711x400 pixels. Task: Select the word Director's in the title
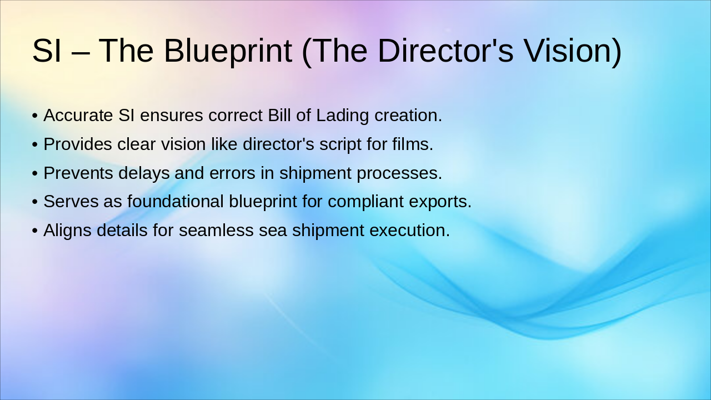pos(445,51)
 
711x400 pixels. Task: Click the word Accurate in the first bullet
pos(78,115)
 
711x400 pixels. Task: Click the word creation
pos(408,115)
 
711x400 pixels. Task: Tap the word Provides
pos(78,144)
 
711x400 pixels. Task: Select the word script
pos(341,145)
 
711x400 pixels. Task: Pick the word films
pos(413,144)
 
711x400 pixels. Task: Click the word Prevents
pos(78,173)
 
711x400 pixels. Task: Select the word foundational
pos(176,201)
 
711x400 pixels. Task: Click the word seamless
pos(216,230)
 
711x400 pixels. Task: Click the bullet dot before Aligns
pos(35,231)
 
